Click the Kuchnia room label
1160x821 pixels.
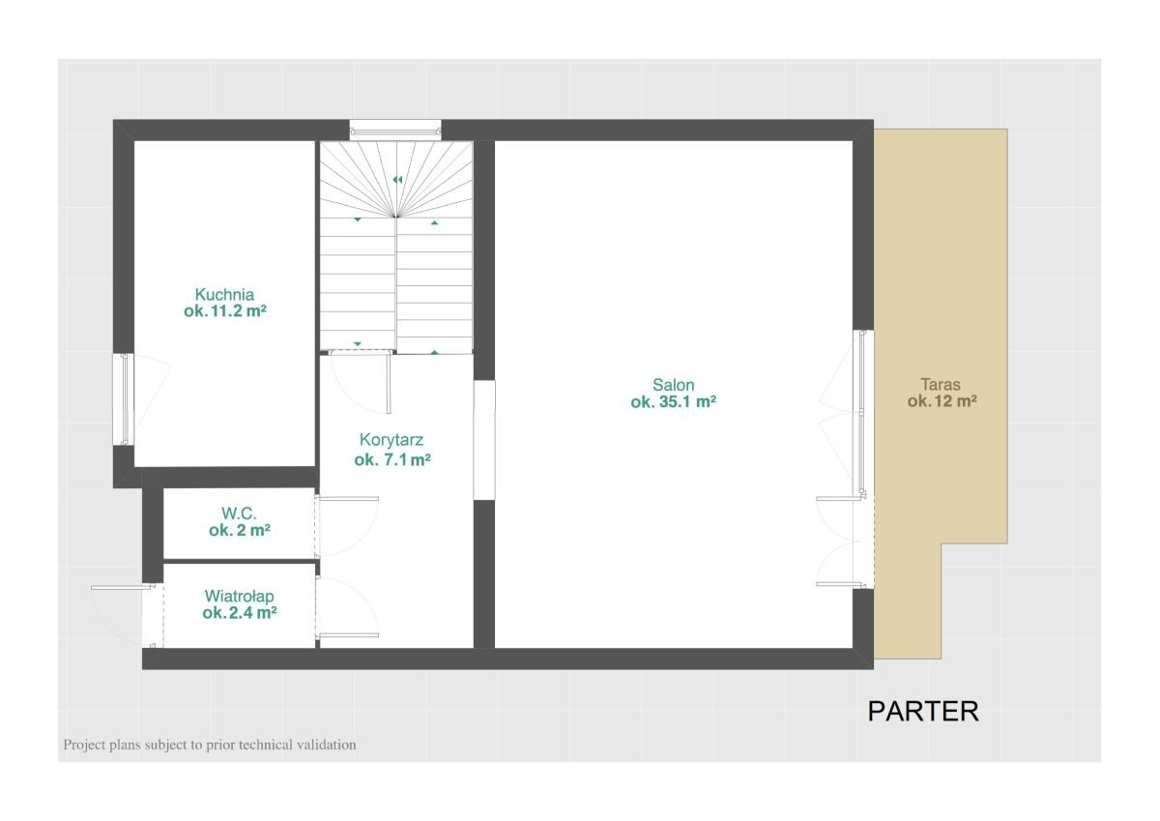click(x=224, y=295)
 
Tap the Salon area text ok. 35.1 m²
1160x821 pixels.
click(x=673, y=402)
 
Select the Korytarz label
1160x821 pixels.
click(x=391, y=440)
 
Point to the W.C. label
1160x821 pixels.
click(x=240, y=513)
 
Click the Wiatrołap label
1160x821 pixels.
click(x=240, y=597)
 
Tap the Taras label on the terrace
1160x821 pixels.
click(x=941, y=384)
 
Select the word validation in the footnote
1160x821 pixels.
click(x=327, y=745)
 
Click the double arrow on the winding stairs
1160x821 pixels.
click(x=397, y=180)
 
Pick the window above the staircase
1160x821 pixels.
click(x=395, y=129)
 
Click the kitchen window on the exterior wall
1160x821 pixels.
click(x=124, y=398)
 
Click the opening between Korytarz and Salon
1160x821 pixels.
click(x=484, y=440)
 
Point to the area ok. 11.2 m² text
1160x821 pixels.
click(x=225, y=311)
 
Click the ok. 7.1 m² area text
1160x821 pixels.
click(x=392, y=459)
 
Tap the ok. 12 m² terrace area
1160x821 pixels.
click(x=942, y=401)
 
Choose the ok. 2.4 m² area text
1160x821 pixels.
click(x=240, y=613)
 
